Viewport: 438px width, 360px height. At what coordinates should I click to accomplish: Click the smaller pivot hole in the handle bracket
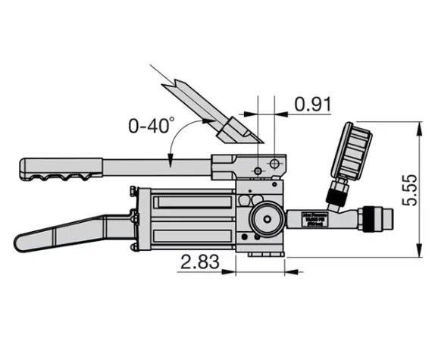point(258,171)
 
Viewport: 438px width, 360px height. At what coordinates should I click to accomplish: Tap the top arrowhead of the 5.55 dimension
point(421,126)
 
